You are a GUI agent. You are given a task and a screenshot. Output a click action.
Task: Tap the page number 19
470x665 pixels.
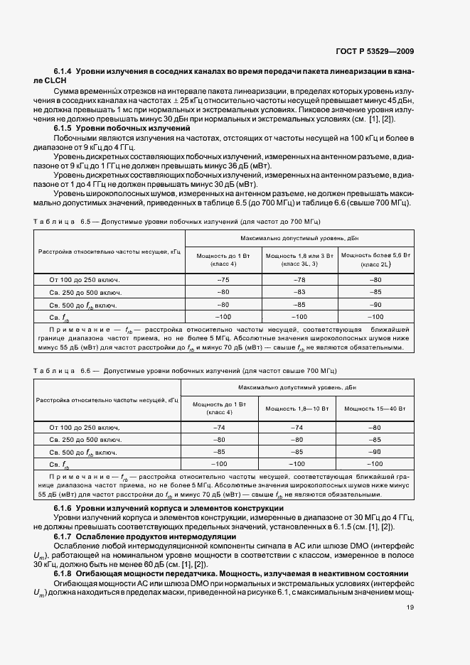coord(410,607)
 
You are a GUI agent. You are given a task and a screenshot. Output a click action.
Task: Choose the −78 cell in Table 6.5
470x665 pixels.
coord(299,280)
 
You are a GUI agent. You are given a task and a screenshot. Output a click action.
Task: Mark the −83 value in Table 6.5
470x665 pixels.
coord(299,292)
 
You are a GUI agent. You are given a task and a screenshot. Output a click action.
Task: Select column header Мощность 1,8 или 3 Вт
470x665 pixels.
coord(299,259)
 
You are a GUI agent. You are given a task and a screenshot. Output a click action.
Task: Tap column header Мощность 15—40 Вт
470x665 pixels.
coord(375,409)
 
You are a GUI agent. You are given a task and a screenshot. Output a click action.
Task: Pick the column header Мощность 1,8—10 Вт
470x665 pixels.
coord(297,409)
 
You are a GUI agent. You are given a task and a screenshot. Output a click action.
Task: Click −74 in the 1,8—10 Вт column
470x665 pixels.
coord(297,428)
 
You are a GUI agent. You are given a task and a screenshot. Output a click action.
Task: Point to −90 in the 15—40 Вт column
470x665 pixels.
coord(375,452)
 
